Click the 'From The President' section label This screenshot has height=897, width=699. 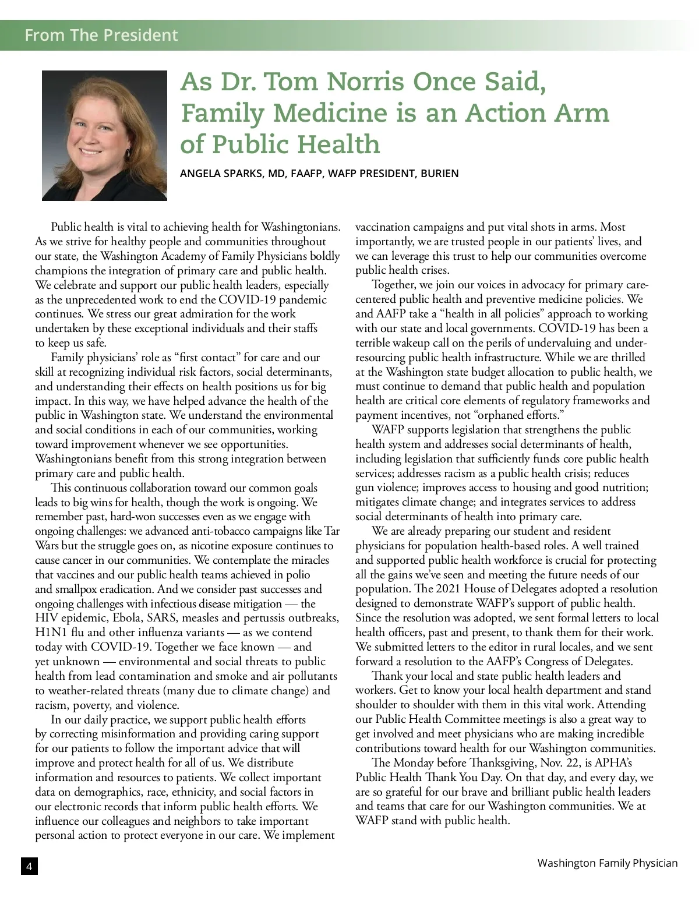pyautogui.click(x=101, y=35)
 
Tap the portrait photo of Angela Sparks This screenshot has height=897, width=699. pyautogui.click(x=104, y=135)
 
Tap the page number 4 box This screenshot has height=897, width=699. pyautogui.click(x=29, y=866)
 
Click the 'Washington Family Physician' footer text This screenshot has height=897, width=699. pyautogui.click(x=607, y=863)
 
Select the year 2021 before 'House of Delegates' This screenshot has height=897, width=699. pyautogui.click(x=449, y=589)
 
